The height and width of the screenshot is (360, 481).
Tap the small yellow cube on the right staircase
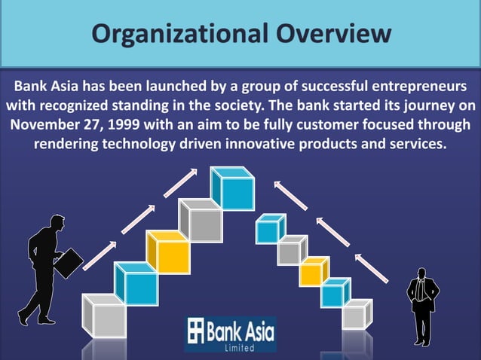point(314,271)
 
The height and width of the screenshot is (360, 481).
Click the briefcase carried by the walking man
point(71,261)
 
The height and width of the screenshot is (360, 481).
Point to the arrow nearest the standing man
point(371,267)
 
